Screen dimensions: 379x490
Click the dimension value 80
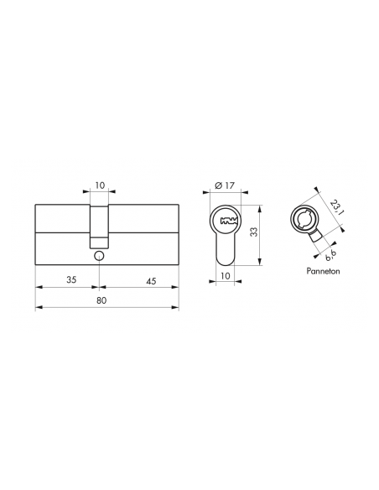pos(101,300)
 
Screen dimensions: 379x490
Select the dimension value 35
pos(71,279)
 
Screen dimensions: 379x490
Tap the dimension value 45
pos(151,281)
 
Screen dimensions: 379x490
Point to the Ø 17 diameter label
pos(225,185)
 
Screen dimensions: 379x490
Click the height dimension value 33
pos(254,232)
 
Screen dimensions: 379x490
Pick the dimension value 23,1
pos(337,207)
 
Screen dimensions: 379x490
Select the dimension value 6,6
pos(330,256)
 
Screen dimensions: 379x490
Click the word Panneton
pos(323,271)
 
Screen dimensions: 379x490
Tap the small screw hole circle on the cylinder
pos(99,256)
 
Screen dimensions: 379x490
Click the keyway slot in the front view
pos(229,222)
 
